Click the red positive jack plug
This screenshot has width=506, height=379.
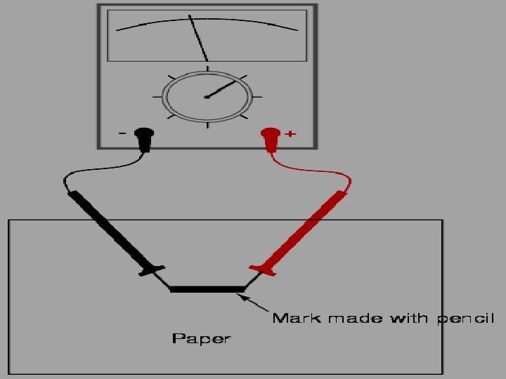click(270, 137)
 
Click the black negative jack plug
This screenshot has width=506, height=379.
click(145, 137)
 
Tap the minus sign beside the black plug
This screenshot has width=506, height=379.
click(124, 133)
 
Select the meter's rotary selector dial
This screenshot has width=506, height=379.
click(207, 97)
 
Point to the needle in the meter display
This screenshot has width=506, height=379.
click(198, 38)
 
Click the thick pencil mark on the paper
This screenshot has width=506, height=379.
click(207, 288)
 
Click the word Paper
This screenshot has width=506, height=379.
click(201, 339)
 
